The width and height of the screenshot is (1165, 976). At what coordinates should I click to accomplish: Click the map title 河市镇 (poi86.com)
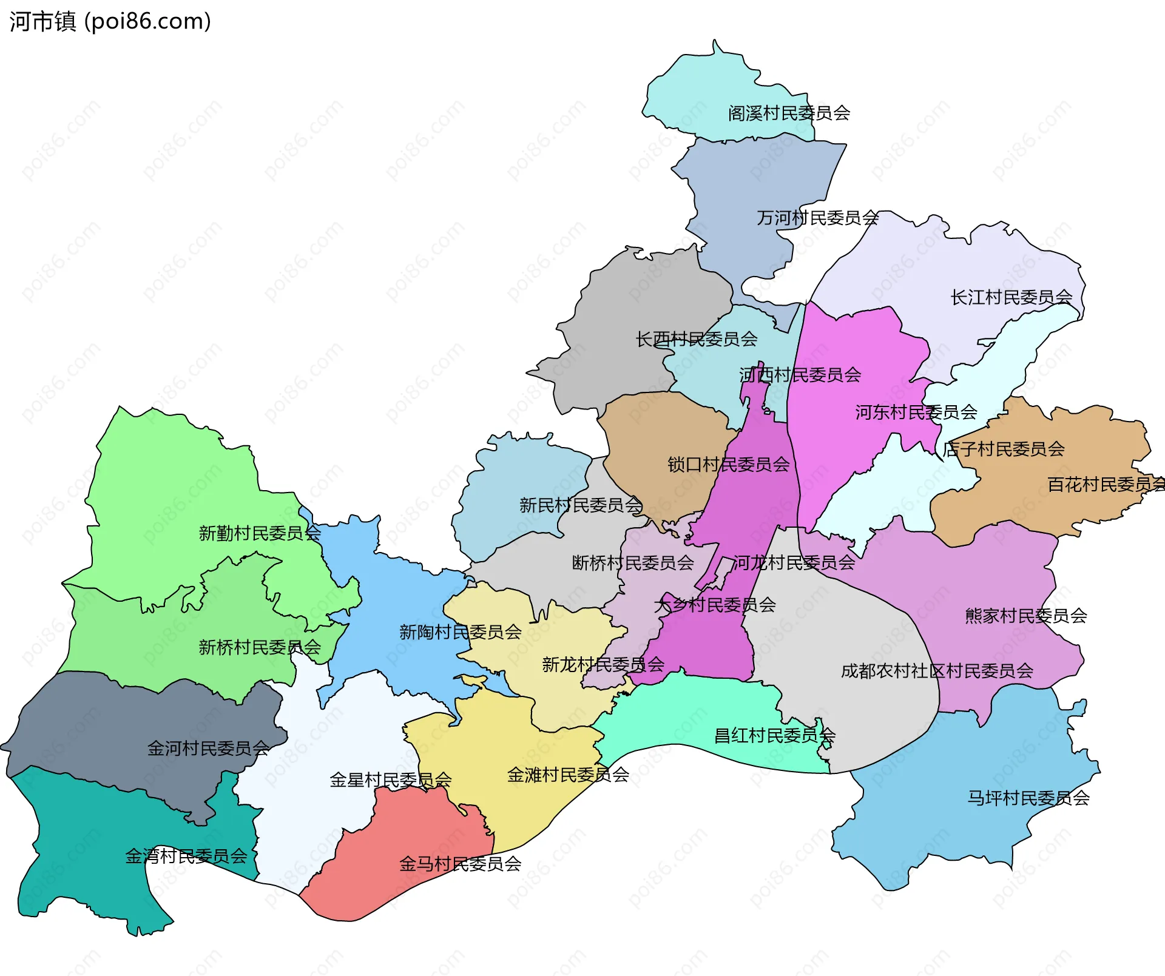(x=110, y=21)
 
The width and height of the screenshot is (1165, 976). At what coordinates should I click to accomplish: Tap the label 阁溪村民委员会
(x=789, y=113)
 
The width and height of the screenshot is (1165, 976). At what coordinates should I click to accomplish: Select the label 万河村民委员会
(x=817, y=218)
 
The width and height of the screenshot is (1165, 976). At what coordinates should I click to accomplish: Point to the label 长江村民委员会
(x=1011, y=297)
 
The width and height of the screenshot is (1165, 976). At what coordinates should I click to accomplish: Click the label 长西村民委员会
(x=696, y=339)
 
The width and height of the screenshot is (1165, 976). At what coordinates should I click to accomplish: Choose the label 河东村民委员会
(x=916, y=412)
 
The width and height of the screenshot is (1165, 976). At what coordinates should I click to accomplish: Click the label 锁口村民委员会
(x=728, y=465)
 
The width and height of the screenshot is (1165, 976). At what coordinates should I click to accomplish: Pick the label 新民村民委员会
(x=580, y=505)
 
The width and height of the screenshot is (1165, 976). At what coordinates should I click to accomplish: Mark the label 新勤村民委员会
(x=260, y=533)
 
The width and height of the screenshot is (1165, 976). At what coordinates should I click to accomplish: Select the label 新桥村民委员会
(x=260, y=647)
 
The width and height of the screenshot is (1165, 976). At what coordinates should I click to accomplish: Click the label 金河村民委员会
(x=208, y=749)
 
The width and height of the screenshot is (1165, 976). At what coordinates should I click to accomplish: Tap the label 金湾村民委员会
(x=186, y=857)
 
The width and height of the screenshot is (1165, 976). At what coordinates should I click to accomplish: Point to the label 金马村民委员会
(x=460, y=864)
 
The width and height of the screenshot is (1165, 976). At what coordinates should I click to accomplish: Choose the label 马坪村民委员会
(x=1028, y=798)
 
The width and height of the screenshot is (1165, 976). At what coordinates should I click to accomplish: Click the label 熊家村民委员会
(x=1025, y=616)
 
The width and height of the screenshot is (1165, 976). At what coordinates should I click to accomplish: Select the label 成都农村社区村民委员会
(x=937, y=671)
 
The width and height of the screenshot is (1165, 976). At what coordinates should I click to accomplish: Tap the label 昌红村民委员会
(x=774, y=736)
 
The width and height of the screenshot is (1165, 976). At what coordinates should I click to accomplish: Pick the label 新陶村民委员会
(x=460, y=632)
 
